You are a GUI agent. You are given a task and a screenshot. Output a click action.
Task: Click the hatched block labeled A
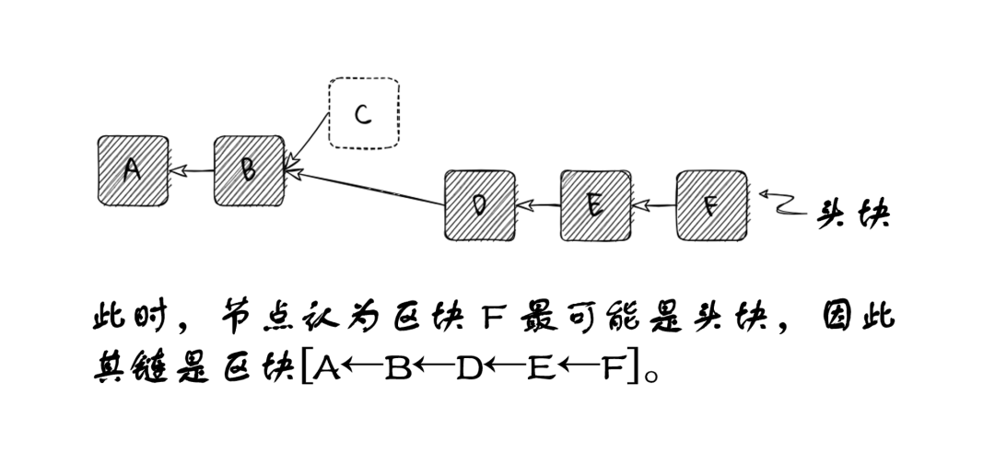[x=133, y=170]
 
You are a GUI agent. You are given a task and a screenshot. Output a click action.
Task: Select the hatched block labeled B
[x=249, y=170]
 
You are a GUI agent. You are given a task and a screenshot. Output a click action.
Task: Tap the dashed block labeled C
[x=364, y=113]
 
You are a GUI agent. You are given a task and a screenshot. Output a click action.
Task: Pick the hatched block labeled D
[x=479, y=204]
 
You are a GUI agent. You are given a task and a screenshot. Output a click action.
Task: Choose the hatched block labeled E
[x=595, y=204]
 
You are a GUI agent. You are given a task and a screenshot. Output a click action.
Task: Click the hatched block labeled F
[x=711, y=204]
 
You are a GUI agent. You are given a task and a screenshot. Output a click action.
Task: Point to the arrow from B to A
[x=191, y=170]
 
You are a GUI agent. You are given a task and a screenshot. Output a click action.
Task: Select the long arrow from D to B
[x=369, y=188]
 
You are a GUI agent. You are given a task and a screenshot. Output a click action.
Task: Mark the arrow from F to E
[x=653, y=205]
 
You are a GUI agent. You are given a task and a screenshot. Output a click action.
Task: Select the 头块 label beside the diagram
[x=853, y=215]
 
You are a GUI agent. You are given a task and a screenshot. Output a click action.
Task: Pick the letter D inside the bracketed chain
[x=469, y=369]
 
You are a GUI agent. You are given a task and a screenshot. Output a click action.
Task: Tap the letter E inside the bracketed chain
[x=539, y=369]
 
